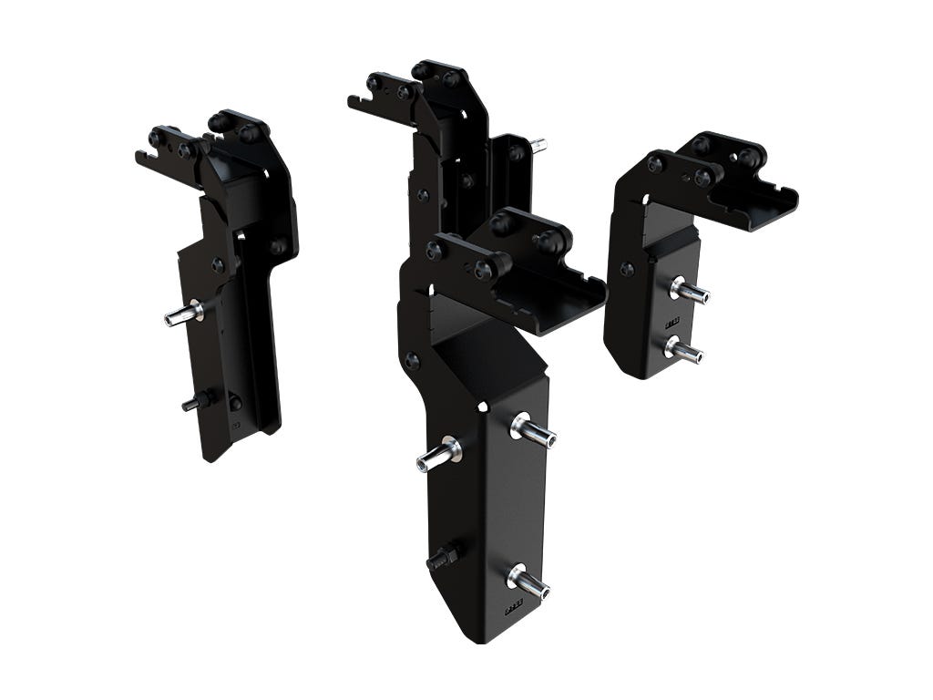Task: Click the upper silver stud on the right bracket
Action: [x=690, y=291]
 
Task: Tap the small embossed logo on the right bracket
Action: [x=672, y=321]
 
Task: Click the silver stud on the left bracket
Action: [x=183, y=314]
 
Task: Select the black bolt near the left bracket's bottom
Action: [x=196, y=401]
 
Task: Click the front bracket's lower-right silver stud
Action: [x=528, y=581]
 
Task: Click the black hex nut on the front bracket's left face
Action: [x=443, y=556]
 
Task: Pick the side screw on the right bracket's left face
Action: [x=627, y=269]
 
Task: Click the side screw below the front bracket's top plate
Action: [x=412, y=360]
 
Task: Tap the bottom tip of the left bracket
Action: [x=210, y=454]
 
